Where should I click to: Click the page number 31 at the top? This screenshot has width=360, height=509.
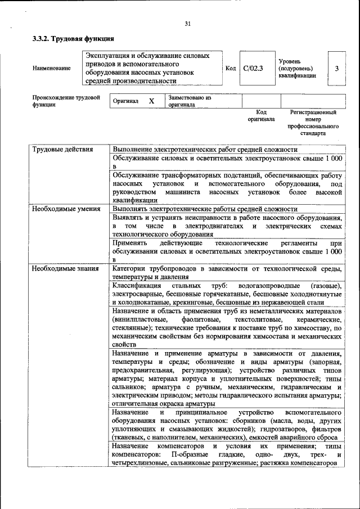coord(187,24)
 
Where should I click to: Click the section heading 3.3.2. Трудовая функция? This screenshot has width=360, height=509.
coord(73,39)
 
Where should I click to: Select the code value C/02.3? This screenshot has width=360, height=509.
coord(253,68)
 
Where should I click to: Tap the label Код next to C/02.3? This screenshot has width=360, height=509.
coord(230,68)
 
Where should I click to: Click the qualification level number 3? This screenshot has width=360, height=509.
coord(336,68)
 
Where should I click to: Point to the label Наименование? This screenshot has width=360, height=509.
coord(51,68)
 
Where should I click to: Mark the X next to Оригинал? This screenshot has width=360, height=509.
coord(151,101)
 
